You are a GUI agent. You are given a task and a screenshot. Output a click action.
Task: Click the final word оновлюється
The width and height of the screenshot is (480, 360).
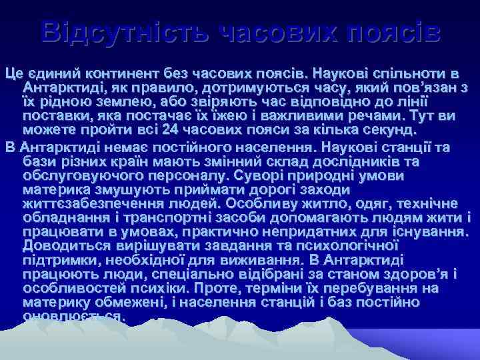click(x=73, y=317)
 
